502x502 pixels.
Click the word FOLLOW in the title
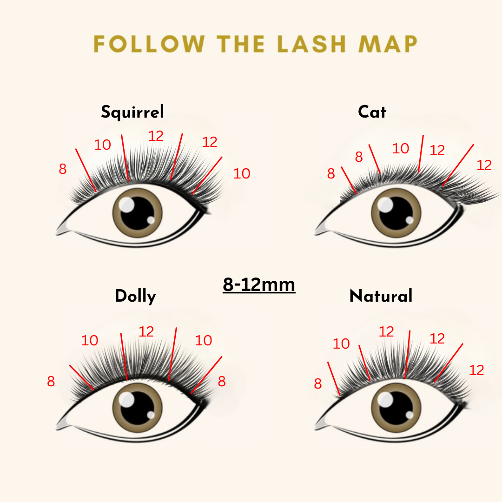click(149, 44)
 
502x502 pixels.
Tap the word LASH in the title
click(311, 44)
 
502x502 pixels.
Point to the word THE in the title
click(241, 44)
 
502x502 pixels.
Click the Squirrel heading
click(132, 112)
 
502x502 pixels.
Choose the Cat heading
click(372, 112)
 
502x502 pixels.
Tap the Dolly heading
click(135, 297)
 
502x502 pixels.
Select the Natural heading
click(381, 296)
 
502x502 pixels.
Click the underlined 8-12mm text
click(259, 284)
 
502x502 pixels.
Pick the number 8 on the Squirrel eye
click(63, 169)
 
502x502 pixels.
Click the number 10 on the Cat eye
click(401, 149)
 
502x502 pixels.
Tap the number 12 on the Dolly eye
click(146, 332)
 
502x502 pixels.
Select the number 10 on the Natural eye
click(341, 344)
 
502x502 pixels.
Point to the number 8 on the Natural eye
click(317, 383)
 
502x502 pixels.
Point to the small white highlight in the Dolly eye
click(151, 415)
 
